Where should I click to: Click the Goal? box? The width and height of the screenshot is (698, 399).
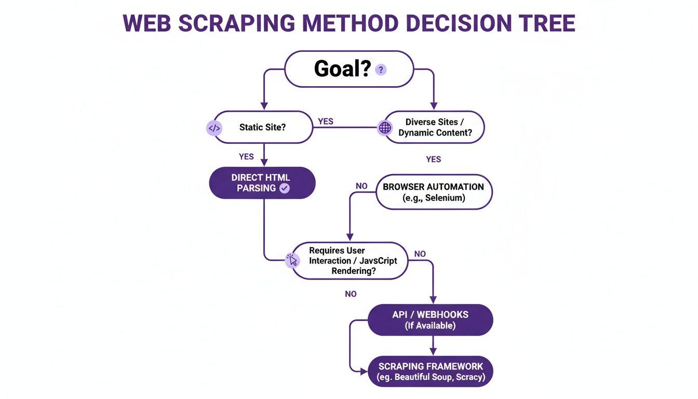point(348,69)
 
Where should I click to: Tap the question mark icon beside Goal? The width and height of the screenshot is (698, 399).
point(381,70)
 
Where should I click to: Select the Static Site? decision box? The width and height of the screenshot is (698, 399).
point(263,127)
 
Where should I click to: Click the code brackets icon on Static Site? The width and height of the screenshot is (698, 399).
point(214,128)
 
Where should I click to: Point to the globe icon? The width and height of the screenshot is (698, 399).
point(385,128)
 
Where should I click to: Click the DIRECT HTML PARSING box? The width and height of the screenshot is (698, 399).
point(262,183)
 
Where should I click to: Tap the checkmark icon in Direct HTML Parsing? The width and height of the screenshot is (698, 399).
point(285,189)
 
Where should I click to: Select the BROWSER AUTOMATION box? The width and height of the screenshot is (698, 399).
point(433,192)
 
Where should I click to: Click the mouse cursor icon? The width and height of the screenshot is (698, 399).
point(293,260)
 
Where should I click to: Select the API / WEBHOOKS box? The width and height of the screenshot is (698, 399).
point(430,320)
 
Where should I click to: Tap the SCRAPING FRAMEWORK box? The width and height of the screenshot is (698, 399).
point(430,371)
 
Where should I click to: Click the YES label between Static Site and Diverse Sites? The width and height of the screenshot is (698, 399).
point(325,122)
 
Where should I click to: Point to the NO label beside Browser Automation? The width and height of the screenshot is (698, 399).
point(361,186)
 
